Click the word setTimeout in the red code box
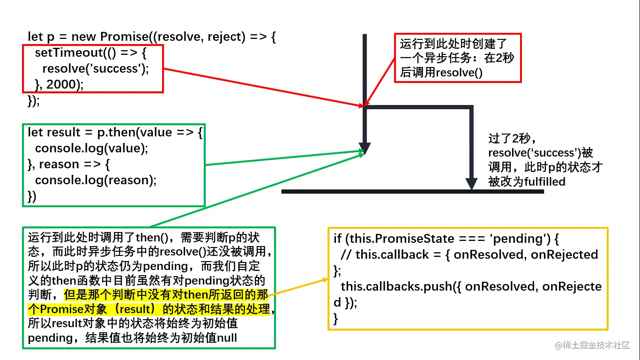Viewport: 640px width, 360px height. [x=63, y=52]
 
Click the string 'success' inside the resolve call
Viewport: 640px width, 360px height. [x=117, y=69]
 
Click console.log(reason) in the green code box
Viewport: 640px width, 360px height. [x=96, y=180]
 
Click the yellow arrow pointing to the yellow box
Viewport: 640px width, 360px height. [x=300, y=287]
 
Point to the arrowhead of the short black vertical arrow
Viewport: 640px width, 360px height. [x=364, y=148]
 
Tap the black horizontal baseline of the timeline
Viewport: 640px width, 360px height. [x=412, y=191]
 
